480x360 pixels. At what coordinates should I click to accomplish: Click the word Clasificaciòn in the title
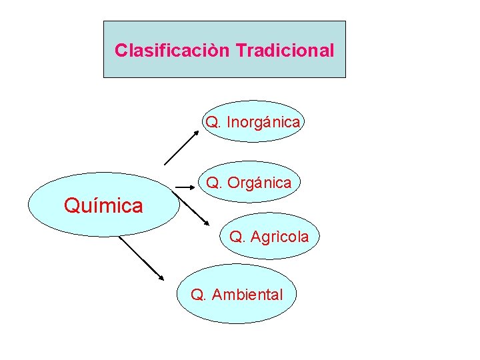point(173,51)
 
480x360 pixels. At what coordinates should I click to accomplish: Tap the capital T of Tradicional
point(240,51)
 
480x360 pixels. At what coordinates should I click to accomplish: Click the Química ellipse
point(103,205)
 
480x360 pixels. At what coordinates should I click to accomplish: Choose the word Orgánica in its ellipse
point(259,182)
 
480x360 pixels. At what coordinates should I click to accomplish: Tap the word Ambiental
point(247,295)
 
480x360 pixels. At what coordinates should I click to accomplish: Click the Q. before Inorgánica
point(213,123)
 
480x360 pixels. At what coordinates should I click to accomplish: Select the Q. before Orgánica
point(213,182)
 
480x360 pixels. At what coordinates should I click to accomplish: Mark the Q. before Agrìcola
point(237,236)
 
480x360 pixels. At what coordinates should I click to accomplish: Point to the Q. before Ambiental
point(198,295)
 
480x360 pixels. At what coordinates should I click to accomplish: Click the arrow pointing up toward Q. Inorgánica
point(181,147)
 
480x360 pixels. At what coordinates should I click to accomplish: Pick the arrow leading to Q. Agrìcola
point(195,211)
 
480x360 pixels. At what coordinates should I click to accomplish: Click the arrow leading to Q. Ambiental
point(141,257)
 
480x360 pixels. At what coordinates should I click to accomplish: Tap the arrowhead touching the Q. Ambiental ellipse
point(160,277)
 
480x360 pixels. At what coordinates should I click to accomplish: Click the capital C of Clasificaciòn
point(120,51)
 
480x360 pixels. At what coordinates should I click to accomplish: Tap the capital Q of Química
point(71,206)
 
